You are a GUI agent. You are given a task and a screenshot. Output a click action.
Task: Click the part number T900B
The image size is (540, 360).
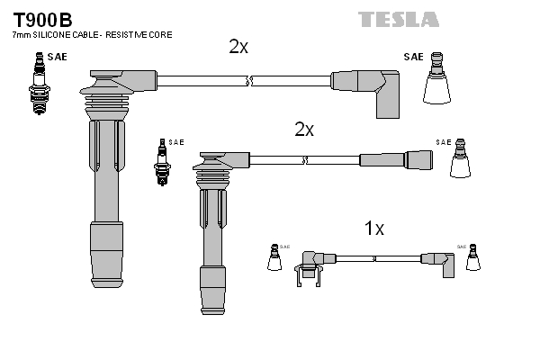(42, 18)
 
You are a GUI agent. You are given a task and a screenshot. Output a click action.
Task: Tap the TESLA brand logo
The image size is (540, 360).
(399, 19)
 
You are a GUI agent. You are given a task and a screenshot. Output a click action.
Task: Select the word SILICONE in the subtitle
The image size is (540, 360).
(57, 34)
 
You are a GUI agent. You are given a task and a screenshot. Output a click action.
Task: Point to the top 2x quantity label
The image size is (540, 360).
(238, 47)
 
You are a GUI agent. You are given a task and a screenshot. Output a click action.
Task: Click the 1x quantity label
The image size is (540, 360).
(374, 229)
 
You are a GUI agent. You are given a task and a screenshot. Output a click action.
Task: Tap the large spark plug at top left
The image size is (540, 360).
(39, 83)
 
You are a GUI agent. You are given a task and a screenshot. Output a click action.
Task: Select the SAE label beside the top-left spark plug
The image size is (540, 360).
(57, 58)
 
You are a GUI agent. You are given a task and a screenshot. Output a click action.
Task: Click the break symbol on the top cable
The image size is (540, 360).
(250, 82)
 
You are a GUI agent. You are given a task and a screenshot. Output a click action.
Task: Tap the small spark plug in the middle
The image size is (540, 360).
(163, 162)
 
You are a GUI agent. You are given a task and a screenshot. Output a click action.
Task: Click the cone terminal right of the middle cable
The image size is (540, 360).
(461, 161)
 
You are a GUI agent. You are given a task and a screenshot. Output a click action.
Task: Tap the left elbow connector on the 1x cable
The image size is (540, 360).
(308, 265)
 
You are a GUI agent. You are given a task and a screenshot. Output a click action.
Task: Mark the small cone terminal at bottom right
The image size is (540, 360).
(472, 258)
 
